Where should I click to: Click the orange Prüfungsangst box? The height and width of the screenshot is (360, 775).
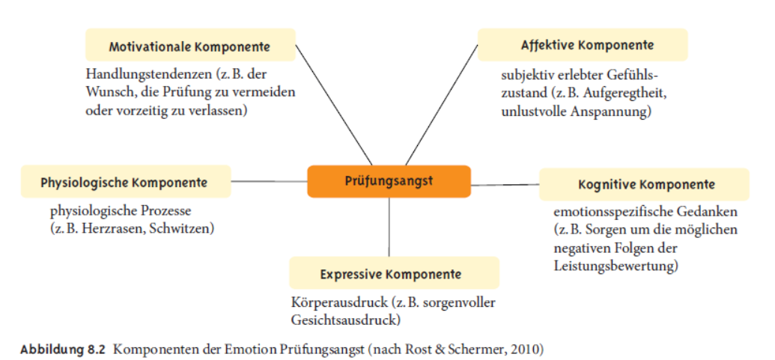[x=389, y=181]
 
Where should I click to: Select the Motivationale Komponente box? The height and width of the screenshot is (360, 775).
[x=190, y=45]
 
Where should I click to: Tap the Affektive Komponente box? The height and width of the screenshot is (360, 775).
[x=583, y=45]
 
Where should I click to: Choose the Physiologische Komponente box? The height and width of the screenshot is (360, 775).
[x=126, y=182]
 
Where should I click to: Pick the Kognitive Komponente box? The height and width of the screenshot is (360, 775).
[x=644, y=185]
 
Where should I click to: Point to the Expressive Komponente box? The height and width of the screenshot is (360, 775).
[x=394, y=273]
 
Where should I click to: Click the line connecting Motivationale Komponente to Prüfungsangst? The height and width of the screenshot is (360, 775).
[x=334, y=105]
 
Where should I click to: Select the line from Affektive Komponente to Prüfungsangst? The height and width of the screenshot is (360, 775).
[x=441, y=105]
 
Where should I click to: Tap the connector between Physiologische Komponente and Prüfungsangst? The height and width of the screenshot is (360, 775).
[x=269, y=181]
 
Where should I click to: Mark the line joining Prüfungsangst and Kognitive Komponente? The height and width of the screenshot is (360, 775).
[x=505, y=185]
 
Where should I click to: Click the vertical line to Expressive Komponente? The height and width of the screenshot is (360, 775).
[x=389, y=228]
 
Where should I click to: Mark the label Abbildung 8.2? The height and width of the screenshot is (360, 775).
[x=63, y=350]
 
